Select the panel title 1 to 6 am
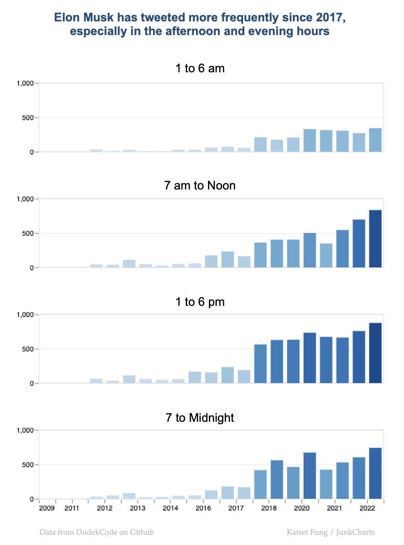(200, 68)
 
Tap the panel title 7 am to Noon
(200, 186)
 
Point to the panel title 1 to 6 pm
(200, 302)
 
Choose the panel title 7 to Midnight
(200, 418)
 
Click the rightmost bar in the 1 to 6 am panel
(375, 140)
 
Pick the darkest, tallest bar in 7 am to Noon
(375, 239)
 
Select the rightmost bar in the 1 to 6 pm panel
(375, 353)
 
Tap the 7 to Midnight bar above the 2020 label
(310, 476)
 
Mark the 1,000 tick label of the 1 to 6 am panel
(24, 83)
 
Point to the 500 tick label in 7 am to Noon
(28, 234)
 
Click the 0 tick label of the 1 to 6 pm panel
(32, 384)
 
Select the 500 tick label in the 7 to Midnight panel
(28, 465)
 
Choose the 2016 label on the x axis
(203, 508)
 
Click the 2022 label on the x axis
(368, 508)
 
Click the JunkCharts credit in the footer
(355, 533)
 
